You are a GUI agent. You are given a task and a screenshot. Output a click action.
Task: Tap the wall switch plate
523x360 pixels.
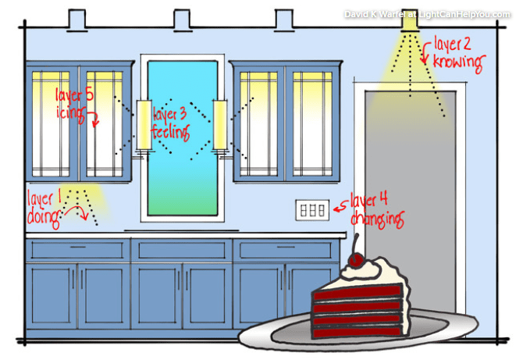pos(311,209)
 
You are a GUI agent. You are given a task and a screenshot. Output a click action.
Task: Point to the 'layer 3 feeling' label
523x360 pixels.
pos(171,123)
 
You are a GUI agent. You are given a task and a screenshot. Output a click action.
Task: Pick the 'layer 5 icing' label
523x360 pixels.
pos(74,102)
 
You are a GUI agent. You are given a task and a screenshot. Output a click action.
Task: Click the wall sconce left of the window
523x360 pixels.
pos(144,125)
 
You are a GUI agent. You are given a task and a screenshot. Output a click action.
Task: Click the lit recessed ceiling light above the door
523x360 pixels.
pos(408,20)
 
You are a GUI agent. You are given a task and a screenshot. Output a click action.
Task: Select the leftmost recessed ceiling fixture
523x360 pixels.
pos(77,19)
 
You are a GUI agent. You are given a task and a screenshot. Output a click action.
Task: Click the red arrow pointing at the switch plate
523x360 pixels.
pos(338,207)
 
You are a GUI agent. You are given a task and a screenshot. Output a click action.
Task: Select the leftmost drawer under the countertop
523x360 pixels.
pos(77,250)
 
